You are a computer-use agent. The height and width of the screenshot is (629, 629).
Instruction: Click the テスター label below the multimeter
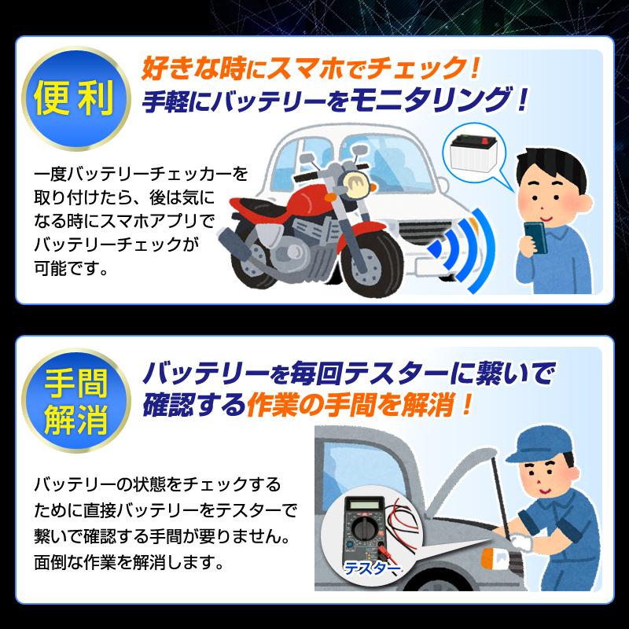click(x=370, y=568)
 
